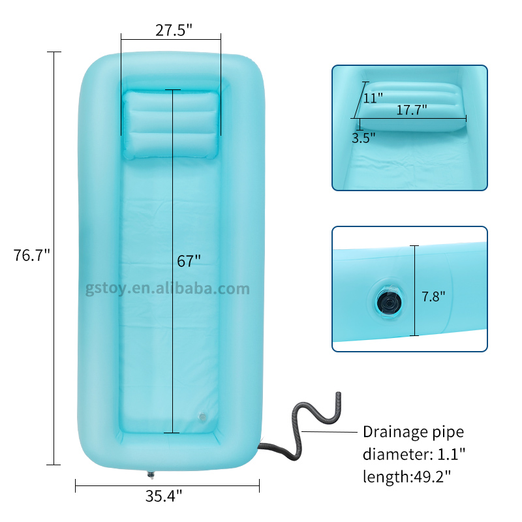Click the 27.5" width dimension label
pyautogui.click(x=174, y=30)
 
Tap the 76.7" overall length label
pyautogui.click(x=31, y=255)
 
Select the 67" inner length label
pyautogui.click(x=189, y=261)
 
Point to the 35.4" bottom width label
pyautogui.click(x=164, y=496)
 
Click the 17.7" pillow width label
pyautogui.click(x=412, y=110)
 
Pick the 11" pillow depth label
pyautogui.click(x=373, y=99)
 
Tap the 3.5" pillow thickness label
pyautogui.click(x=363, y=138)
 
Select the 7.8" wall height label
pyautogui.click(x=433, y=296)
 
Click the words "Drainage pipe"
pyautogui.click(x=413, y=432)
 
